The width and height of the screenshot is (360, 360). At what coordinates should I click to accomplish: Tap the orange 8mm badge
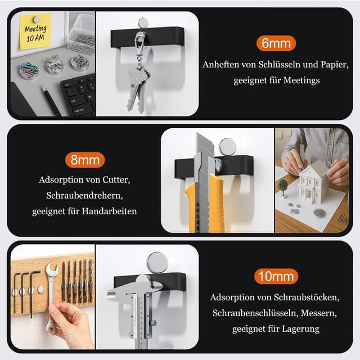click(x=85, y=160)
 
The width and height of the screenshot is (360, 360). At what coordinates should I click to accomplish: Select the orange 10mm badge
click(x=275, y=276)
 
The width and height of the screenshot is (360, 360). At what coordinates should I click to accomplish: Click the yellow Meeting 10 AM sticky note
click(x=35, y=30)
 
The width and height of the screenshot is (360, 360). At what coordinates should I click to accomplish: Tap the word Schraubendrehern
click(x=84, y=196)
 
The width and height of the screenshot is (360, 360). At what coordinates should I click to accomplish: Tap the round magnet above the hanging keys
click(x=143, y=23)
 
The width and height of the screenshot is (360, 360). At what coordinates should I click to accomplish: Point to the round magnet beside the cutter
click(x=228, y=147)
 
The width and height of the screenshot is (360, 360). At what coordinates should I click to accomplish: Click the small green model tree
click(x=283, y=186)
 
